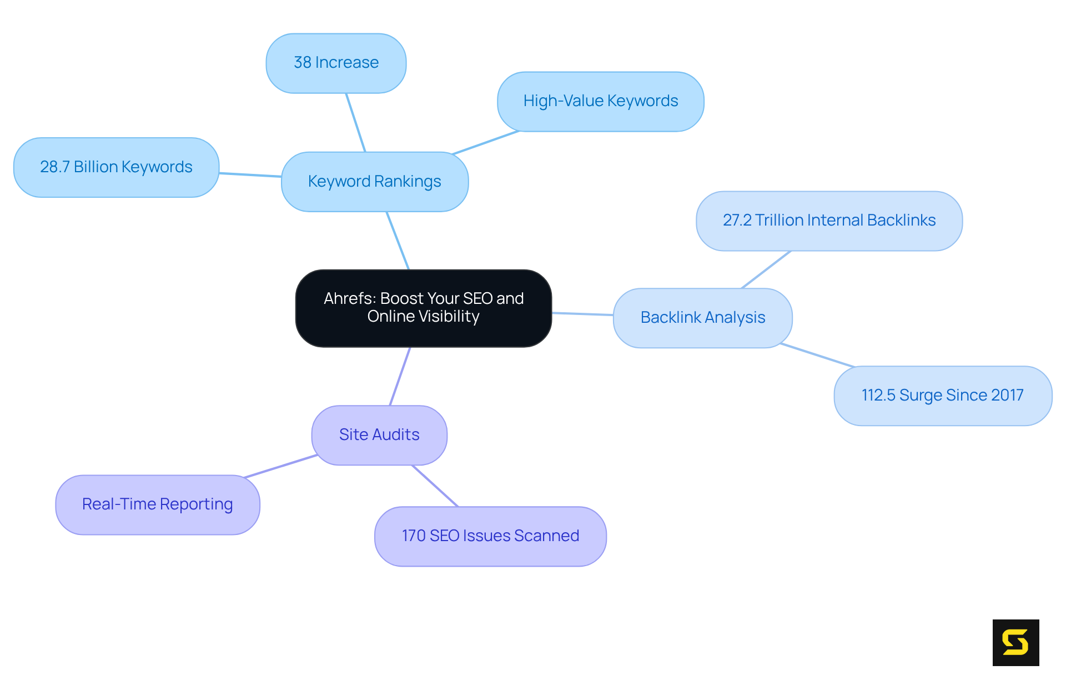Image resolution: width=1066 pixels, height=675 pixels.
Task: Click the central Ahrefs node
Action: click(423, 308)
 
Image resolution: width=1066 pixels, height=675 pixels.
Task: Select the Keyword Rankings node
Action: click(375, 182)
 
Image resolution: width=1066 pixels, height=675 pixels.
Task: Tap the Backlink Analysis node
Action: click(702, 318)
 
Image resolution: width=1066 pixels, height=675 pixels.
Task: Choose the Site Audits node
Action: click(379, 435)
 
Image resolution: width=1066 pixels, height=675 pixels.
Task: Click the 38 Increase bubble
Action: click(336, 63)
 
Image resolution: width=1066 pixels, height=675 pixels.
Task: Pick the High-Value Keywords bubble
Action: click(600, 101)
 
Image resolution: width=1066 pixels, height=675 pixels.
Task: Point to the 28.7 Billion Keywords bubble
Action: click(116, 167)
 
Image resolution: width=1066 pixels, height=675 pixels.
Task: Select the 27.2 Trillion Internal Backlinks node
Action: click(829, 221)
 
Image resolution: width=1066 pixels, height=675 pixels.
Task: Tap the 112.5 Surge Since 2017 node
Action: click(942, 396)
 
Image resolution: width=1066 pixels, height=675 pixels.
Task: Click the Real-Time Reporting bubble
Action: click(157, 504)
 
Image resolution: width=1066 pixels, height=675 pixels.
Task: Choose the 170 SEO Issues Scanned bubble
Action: click(490, 536)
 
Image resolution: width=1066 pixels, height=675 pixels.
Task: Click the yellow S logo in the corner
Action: click(1015, 642)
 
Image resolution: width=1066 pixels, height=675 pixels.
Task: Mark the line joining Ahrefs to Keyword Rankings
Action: click(398, 241)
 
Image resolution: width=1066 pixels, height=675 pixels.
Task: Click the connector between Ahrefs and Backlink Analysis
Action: click(582, 314)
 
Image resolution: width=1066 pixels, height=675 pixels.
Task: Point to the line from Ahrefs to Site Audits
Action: click(400, 376)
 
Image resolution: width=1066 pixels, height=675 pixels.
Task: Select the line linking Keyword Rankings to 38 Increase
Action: click(355, 122)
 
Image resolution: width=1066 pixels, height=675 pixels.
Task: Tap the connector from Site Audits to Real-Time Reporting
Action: click(280, 466)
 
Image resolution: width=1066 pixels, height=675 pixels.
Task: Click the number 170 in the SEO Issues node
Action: click(414, 536)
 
